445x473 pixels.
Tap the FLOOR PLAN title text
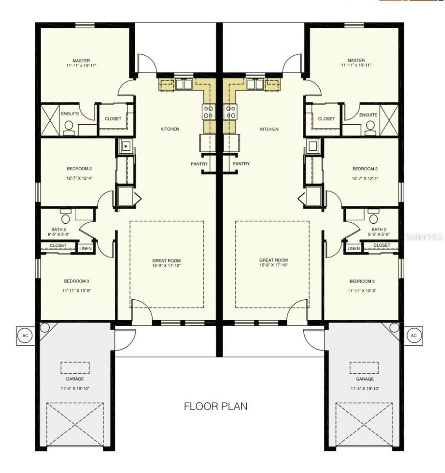click(216, 407)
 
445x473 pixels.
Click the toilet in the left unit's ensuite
click(68, 126)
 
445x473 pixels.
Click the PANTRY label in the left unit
click(199, 164)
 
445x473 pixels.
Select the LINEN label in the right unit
click(354, 248)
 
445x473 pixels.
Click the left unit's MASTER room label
click(81, 60)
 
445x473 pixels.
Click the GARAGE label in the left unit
click(75, 379)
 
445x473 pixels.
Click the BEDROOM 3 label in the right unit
click(362, 281)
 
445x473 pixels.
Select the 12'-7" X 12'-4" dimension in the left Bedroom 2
click(79, 179)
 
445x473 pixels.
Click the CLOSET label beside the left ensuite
click(113, 119)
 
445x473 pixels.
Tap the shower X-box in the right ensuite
click(390, 119)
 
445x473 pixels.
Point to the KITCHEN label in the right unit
click(269, 129)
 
